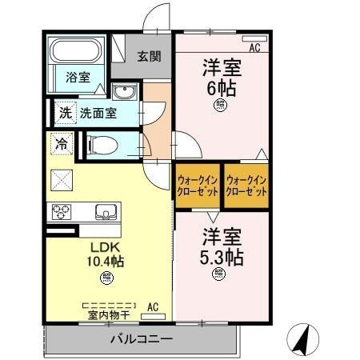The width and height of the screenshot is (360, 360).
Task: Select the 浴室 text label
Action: pos(77,77)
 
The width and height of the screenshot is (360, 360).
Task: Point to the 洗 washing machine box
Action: pos(65,112)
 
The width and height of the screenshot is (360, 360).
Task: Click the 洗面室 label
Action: pos(98,113)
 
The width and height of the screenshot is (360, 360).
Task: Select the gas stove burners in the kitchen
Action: pos(61,212)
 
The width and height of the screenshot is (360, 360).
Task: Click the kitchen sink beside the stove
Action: pos(104,212)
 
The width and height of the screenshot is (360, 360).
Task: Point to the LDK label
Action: pos(103,246)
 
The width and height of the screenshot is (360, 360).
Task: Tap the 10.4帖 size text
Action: pos(106,261)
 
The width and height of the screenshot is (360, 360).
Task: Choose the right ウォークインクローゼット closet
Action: pos(246,186)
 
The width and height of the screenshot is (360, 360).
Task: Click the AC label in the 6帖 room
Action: pos(254,49)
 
